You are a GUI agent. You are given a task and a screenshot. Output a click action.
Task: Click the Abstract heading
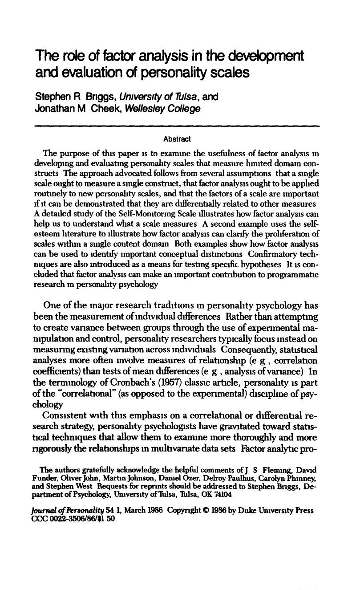click(177, 139)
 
